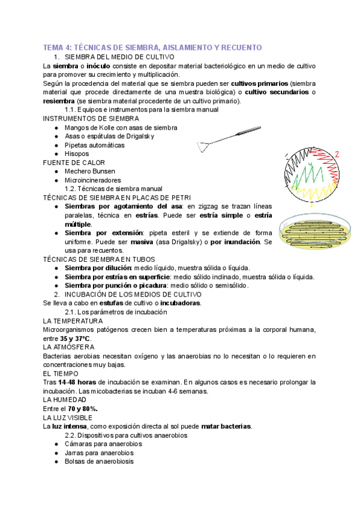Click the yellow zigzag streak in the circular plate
(x=319, y=193)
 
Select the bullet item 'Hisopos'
(x=78, y=154)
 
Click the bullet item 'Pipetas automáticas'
(x=95, y=145)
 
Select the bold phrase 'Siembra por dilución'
(x=98, y=268)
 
